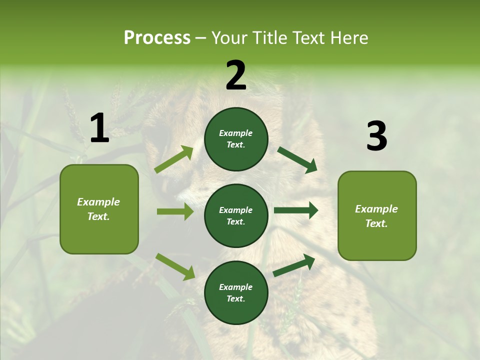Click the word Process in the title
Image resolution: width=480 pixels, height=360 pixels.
157,38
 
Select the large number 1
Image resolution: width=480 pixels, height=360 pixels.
99,128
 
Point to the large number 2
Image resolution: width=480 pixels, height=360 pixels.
236,75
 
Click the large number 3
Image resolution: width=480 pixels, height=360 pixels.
376,136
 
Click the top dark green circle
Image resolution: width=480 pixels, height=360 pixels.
236,139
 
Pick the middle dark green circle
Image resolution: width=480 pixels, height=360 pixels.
236,215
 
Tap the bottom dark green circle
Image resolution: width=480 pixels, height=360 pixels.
236,292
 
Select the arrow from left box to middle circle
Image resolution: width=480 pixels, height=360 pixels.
175,211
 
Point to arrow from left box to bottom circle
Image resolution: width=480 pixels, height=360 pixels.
175,266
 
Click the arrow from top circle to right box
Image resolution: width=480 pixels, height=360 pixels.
297,159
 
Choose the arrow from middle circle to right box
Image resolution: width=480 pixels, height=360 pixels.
295,210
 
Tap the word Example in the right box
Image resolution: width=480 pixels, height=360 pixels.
376,209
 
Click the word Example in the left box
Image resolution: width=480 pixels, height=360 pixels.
98,202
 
